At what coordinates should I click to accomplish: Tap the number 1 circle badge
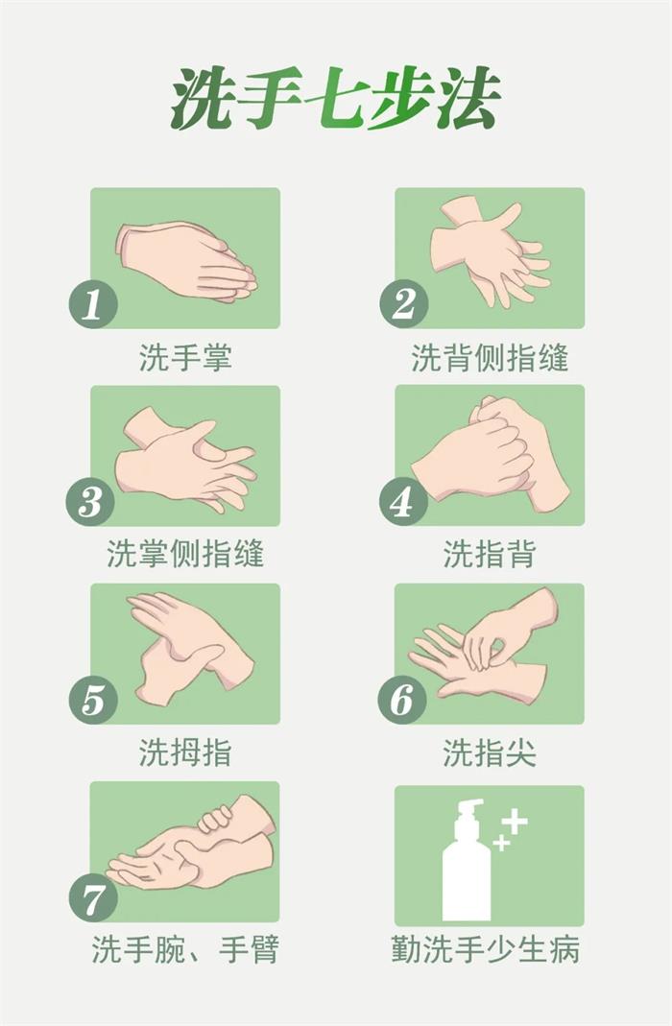(x=93, y=303)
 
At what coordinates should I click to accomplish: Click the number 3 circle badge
(x=90, y=502)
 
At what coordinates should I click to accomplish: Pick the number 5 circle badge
(x=93, y=700)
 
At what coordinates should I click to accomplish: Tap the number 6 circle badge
(x=402, y=700)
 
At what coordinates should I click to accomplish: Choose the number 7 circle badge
(x=93, y=897)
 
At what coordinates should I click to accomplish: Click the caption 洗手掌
(x=185, y=358)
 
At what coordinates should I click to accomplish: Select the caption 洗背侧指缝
(x=490, y=358)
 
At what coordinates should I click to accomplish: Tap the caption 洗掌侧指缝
(x=185, y=554)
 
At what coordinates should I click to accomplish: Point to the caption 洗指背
(x=490, y=554)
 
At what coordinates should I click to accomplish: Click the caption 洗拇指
(x=185, y=752)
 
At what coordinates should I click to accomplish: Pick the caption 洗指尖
(x=490, y=752)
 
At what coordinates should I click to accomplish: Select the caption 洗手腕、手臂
(x=185, y=949)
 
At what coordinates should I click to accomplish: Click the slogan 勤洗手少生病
(x=486, y=949)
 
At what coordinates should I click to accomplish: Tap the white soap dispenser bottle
(x=466, y=860)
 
